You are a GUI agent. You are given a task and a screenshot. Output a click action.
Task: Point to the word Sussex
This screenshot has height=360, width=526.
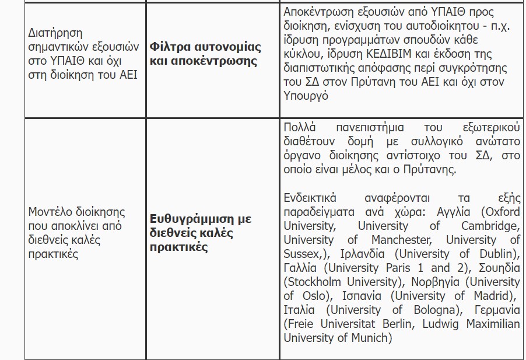(300, 254)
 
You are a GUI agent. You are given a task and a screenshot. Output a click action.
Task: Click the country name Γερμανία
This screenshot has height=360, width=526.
(497, 310)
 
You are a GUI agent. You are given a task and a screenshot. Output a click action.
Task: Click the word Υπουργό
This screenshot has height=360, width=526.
(306, 96)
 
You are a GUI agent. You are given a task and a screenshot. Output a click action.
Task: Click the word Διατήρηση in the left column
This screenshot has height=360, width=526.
(55, 33)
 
